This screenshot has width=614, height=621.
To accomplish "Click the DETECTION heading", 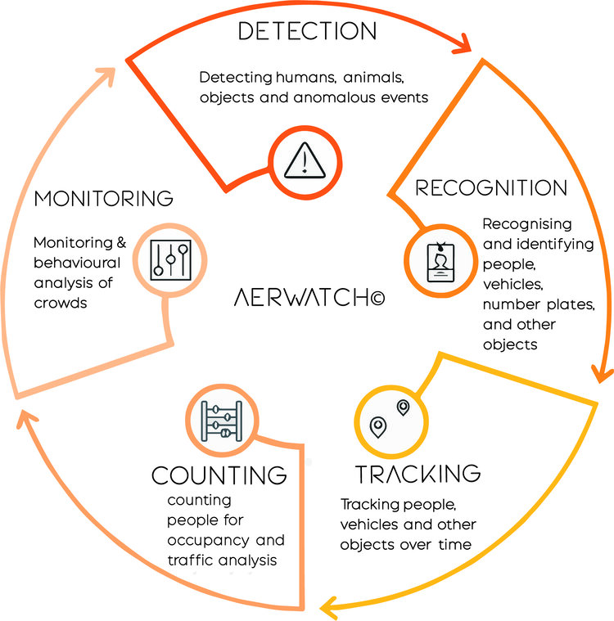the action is click(x=307, y=31).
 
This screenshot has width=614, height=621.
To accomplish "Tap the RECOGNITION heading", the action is click(x=491, y=187).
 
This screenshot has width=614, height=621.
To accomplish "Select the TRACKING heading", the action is click(x=418, y=474).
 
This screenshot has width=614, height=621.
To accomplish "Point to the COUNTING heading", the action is click(x=219, y=475).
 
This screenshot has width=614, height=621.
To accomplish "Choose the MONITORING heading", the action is click(x=103, y=199).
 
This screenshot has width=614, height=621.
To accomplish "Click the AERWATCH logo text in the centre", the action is click(x=309, y=298).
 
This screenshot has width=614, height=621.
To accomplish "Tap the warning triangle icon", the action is click(x=305, y=160).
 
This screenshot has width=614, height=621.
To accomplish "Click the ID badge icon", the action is click(x=440, y=262).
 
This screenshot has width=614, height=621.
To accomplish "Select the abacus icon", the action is click(x=222, y=421).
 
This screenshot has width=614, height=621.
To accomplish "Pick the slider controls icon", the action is click(x=170, y=260).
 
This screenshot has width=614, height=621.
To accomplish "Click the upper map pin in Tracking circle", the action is click(x=403, y=407).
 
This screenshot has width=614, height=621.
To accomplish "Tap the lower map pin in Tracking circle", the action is click(x=377, y=427).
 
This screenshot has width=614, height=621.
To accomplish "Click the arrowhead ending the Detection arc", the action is click(x=463, y=44).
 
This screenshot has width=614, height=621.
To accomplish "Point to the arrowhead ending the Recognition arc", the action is click(x=602, y=374).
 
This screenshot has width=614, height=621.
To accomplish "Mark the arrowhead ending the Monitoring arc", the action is click(x=106, y=76).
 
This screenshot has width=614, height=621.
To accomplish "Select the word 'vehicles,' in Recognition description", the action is click(x=513, y=285).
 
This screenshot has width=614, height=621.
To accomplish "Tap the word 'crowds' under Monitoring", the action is click(x=61, y=304).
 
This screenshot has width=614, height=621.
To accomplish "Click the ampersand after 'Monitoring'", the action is click(x=121, y=242).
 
